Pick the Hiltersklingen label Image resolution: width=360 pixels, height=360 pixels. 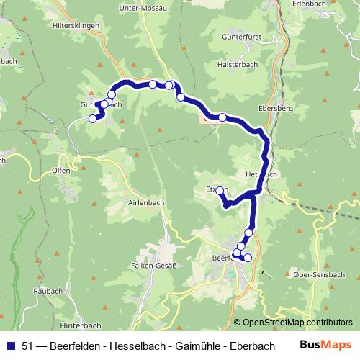(x=70, y=24)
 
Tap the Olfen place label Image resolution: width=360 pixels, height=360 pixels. (x=61, y=171)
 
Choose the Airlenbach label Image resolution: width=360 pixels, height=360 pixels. (x=146, y=202)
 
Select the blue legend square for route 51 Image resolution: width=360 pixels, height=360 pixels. (x=10, y=345)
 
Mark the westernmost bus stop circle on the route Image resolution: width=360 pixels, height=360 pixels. (x=92, y=119)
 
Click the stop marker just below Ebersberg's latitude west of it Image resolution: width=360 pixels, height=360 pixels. (x=222, y=117)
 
